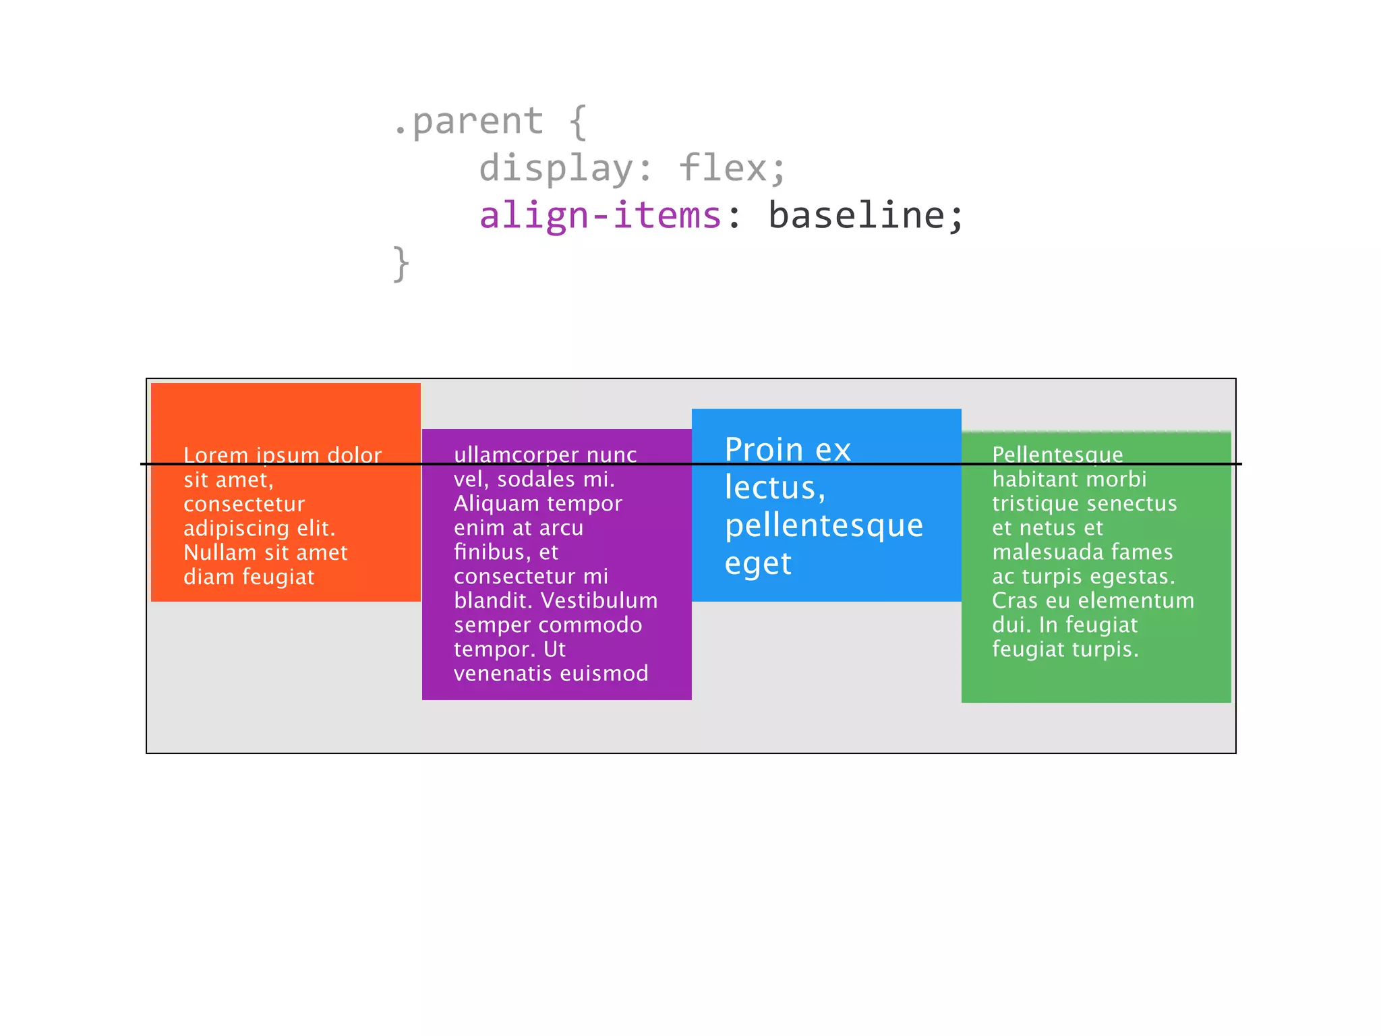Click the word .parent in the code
point(469,122)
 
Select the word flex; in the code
point(732,168)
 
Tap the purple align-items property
point(600,215)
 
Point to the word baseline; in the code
point(866,215)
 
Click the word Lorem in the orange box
point(216,455)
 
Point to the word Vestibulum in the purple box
point(599,600)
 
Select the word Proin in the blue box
point(764,450)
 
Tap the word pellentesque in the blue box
point(823,525)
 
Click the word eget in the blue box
point(757,564)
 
